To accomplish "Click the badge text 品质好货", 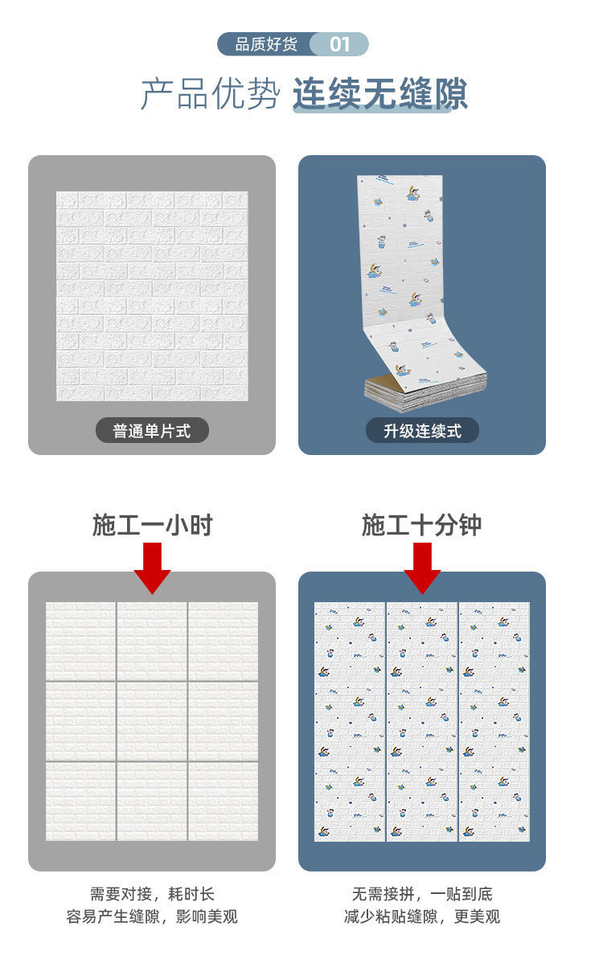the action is pos(265,44).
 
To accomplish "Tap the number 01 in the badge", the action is pos(340,44).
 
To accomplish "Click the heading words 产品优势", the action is pos(210,95).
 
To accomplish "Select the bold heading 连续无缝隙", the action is pos(379,95).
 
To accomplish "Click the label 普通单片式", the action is pos(152,431).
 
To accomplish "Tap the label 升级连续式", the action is pos(422,431).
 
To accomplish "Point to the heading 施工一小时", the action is pos(152,526).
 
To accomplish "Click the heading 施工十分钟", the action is pos(421,526).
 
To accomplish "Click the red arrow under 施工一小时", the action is pos(152,567).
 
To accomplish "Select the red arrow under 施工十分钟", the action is pos(422,567).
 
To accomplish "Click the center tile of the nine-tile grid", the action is pos(152,721).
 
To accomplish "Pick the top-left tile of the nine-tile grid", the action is pos(80,642).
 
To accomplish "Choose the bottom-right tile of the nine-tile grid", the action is pos(224,801).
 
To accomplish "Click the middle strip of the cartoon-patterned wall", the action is pos(421,721).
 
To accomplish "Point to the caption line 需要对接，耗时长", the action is pos(152,894).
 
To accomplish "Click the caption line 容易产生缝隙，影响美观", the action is pos(152,916).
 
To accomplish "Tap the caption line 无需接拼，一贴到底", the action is pos(422,894).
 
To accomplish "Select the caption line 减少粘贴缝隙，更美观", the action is pos(422,916).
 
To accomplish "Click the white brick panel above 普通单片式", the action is pos(152,296).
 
